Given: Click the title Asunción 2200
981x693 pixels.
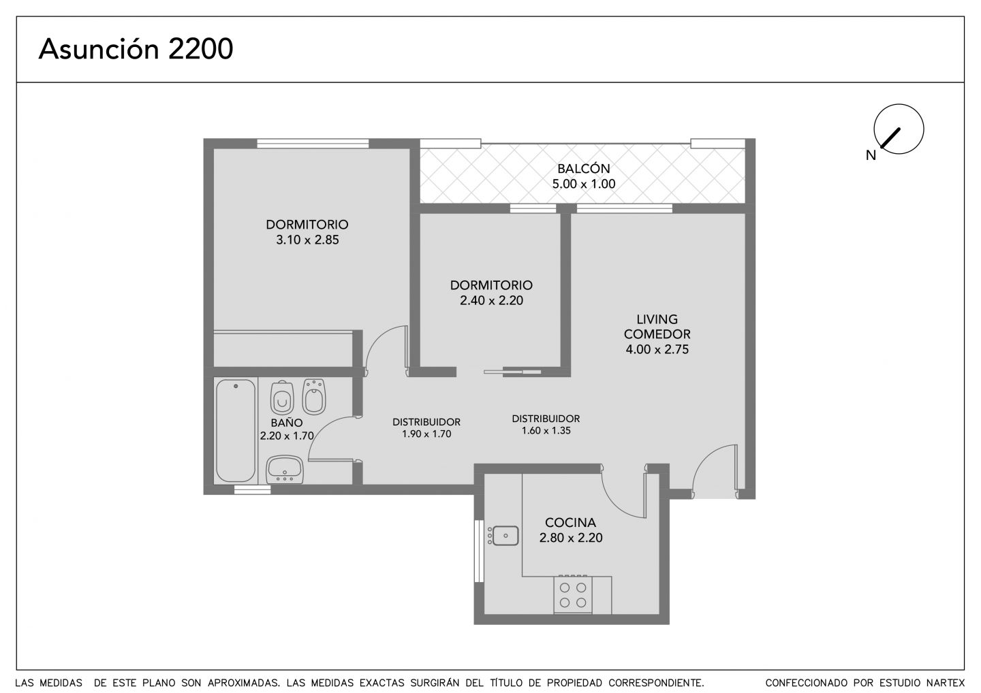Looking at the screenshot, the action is click(x=136, y=49).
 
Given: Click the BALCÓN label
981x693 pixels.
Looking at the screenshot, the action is click(x=583, y=168).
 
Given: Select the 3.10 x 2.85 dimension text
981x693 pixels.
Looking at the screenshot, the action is click(x=307, y=240).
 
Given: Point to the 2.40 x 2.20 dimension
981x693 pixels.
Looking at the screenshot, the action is click(x=491, y=301).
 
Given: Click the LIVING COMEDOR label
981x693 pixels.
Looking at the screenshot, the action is click(x=657, y=327).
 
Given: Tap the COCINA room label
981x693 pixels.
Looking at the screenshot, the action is click(x=571, y=522).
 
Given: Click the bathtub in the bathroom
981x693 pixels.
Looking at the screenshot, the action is click(x=236, y=431).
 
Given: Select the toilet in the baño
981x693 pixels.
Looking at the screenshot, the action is click(x=281, y=398).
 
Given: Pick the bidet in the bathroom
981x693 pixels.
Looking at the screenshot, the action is click(x=314, y=396).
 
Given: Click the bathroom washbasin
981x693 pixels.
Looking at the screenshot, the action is click(x=285, y=470).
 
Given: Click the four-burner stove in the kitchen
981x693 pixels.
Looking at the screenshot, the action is click(x=573, y=594).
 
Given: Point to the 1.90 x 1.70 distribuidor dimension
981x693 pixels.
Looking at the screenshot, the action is click(x=426, y=434).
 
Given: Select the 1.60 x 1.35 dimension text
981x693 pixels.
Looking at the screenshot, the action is click(x=546, y=430).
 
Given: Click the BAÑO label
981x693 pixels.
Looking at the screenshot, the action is click(x=287, y=423).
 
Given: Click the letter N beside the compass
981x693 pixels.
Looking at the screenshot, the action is click(x=871, y=155).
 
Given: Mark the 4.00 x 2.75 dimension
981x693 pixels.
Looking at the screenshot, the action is click(x=657, y=349).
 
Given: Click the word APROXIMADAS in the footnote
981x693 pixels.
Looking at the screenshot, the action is click(x=243, y=683).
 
